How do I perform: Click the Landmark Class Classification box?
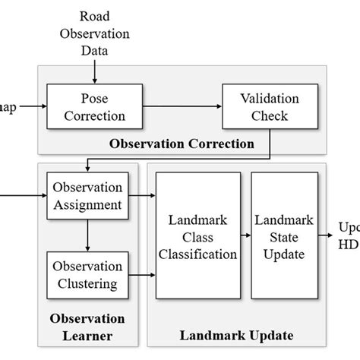[x=197, y=235]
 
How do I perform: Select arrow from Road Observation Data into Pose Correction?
[x=94, y=71]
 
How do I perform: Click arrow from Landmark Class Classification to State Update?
[x=245, y=235]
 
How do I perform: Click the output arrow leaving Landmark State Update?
[x=327, y=235]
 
